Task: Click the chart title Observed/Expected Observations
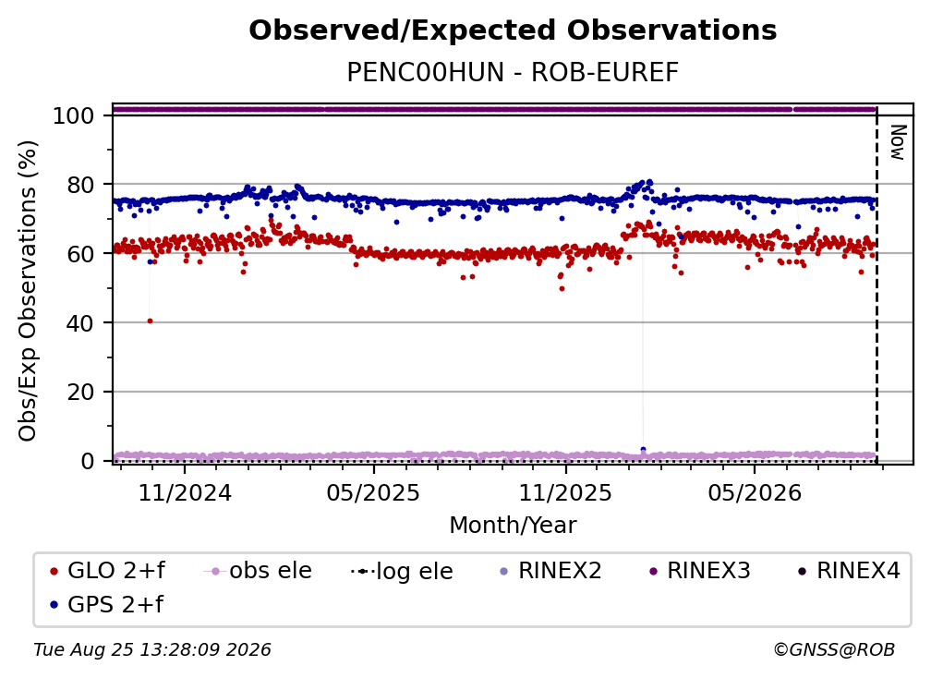(513, 30)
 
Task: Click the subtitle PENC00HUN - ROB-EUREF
(513, 72)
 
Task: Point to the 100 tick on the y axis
(74, 115)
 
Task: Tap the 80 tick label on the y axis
(80, 186)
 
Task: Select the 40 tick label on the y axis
(80, 323)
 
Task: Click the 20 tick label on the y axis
(80, 393)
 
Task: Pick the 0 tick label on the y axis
(88, 461)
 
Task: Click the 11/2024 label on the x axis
(185, 493)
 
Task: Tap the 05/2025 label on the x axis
(373, 493)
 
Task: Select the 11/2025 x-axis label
(565, 493)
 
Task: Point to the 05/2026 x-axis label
(755, 493)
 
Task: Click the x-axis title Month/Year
(513, 526)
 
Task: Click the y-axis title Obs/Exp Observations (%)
(28, 291)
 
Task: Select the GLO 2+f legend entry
(107, 571)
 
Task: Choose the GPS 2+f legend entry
(107, 605)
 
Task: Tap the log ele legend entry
(402, 572)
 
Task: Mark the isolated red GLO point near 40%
(151, 321)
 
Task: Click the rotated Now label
(898, 142)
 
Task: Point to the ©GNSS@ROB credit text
(834, 650)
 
